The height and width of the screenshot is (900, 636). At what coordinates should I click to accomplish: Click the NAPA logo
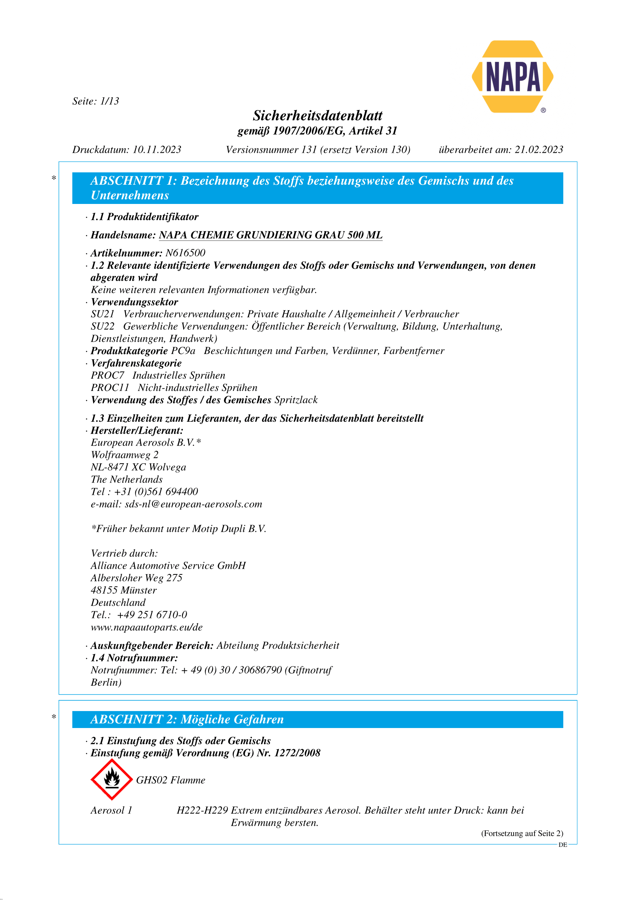click(x=512, y=77)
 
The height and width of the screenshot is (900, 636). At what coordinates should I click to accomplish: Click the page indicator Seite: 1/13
click(x=96, y=101)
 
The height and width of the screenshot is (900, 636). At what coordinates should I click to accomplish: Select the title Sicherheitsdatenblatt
click(x=317, y=116)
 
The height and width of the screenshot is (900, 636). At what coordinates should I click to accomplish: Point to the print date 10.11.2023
click(x=157, y=150)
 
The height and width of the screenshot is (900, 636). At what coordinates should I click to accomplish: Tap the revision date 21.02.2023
click(x=539, y=150)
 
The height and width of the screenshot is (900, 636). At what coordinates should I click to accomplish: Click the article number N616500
click(x=185, y=253)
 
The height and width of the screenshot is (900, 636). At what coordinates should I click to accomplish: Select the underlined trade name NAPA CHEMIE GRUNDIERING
click(x=270, y=235)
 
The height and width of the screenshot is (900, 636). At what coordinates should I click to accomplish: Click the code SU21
click(x=103, y=314)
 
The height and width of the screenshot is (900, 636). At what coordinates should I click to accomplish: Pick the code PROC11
click(x=110, y=388)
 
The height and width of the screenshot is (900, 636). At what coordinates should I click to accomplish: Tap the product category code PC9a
click(x=183, y=351)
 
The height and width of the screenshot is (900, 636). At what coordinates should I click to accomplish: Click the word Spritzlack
click(x=296, y=400)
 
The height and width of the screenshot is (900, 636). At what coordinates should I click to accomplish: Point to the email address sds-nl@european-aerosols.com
click(x=193, y=504)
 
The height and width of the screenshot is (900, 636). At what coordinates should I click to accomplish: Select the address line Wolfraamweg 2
click(x=125, y=455)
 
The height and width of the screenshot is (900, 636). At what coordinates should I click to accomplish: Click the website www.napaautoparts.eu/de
click(x=147, y=627)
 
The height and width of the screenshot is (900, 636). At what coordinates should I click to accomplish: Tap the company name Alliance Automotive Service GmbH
click(x=168, y=566)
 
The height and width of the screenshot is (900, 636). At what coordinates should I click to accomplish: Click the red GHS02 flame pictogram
click(x=112, y=780)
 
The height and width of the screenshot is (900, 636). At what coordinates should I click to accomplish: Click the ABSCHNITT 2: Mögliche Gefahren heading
click(x=187, y=719)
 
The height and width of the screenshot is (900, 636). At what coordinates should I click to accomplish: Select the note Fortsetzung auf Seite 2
click(x=522, y=833)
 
